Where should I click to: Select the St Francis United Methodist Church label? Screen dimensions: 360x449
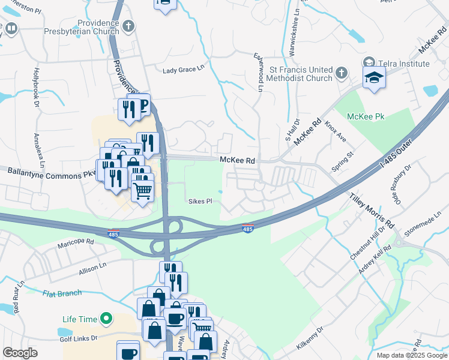pyautogui.click(x=293, y=74)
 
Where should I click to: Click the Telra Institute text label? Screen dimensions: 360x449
pyautogui.click(x=403, y=64)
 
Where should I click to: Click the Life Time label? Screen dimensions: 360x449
pyautogui.click(x=80, y=317)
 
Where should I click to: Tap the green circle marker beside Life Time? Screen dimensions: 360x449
pyautogui.click(x=107, y=317)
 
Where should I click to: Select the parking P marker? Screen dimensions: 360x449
pyautogui.click(x=143, y=106)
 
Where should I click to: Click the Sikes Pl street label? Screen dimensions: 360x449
pyautogui.click(x=200, y=201)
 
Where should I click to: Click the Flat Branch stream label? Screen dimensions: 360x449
pyautogui.click(x=62, y=293)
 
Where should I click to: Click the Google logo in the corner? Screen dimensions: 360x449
pyautogui.click(x=20, y=353)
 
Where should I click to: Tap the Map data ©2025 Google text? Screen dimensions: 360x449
pyautogui.click(x=412, y=355)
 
